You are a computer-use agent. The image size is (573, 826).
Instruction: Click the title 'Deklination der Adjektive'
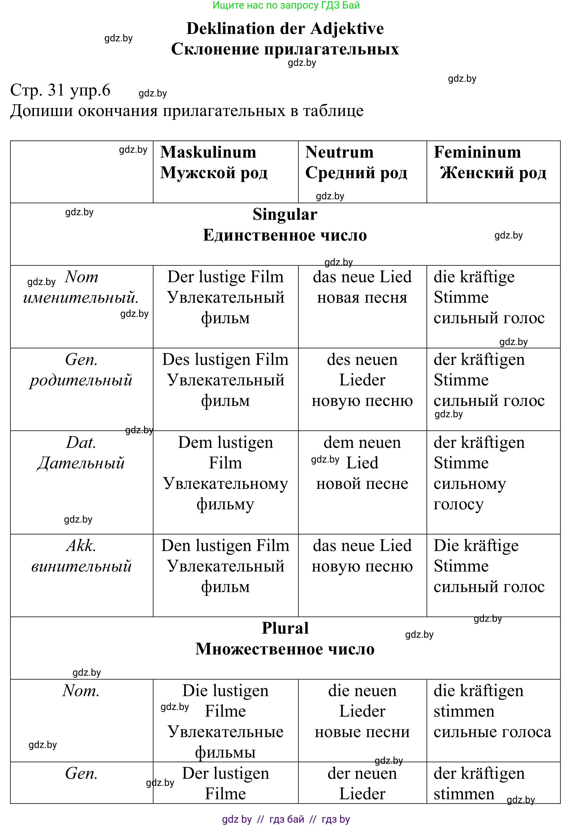pyautogui.click(x=285, y=28)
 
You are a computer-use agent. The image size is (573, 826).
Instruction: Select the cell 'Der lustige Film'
pyautogui.click(x=225, y=298)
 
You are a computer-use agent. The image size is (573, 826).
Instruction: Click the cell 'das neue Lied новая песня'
pyautogui.click(x=362, y=287)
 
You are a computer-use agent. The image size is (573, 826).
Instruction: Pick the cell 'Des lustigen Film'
pyautogui.click(x=225, y=380)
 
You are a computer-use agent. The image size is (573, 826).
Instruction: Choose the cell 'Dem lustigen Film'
pyautogui.click(x=225, y=473)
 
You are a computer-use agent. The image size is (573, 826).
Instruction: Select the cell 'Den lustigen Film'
pyautogui.click(x=225, y=566)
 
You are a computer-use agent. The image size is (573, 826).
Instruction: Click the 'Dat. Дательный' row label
pyautogui.click(x=81, y=453)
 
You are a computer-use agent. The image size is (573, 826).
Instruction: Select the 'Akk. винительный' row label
pyautogui.click(x=81, y=556)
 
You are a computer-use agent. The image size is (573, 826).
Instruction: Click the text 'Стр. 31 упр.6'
pyautogui.click(x=60, y=90)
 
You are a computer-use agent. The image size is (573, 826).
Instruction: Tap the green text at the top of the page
pyautogui.click(x=286, y=6)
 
